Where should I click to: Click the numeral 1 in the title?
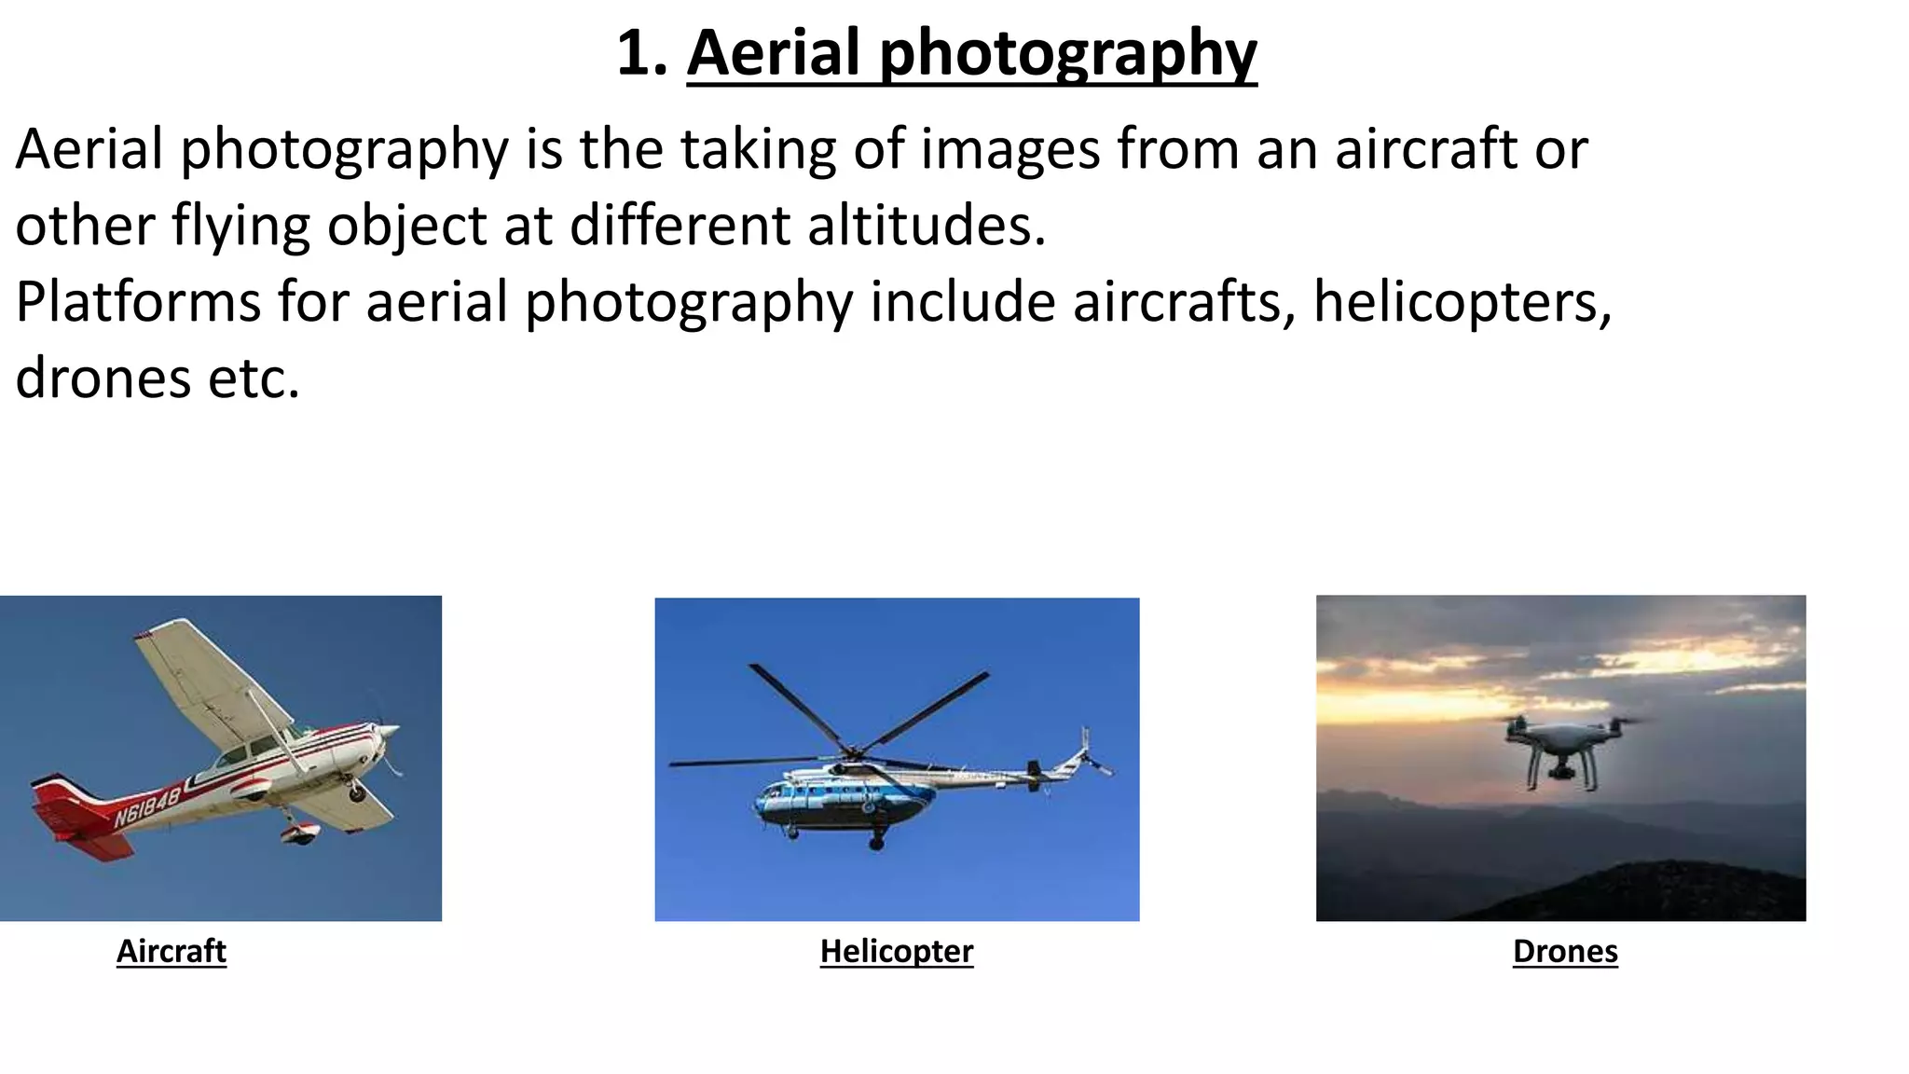633,53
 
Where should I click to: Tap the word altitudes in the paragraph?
927,226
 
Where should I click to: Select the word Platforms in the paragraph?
138,302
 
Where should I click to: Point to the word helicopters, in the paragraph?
1462,302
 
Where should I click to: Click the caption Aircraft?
172,951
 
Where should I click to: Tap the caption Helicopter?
896,951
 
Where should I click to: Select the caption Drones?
1565,951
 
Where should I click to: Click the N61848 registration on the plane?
147,807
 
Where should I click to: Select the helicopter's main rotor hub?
851,751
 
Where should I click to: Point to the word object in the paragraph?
406,226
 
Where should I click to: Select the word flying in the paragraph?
240,226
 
